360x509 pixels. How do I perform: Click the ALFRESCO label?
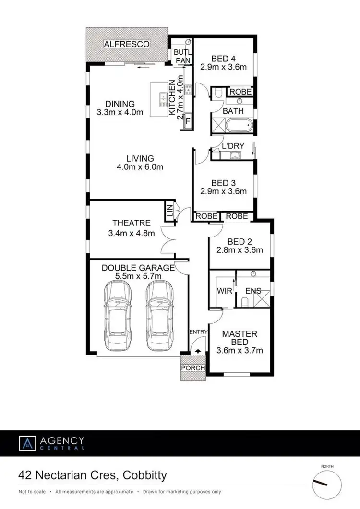(x=127, y=44)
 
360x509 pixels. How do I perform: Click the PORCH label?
(x=193, y=368)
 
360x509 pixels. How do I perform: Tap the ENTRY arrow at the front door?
(x=198, y=351)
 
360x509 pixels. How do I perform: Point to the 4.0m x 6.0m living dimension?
(x=140, y=167)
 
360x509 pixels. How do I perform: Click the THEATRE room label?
(x=132, y=223)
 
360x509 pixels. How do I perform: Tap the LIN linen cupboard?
(x=169, y=212)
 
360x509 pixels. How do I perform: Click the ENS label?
(x=253, y=291)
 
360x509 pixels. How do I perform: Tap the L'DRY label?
(x=233, y=145)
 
